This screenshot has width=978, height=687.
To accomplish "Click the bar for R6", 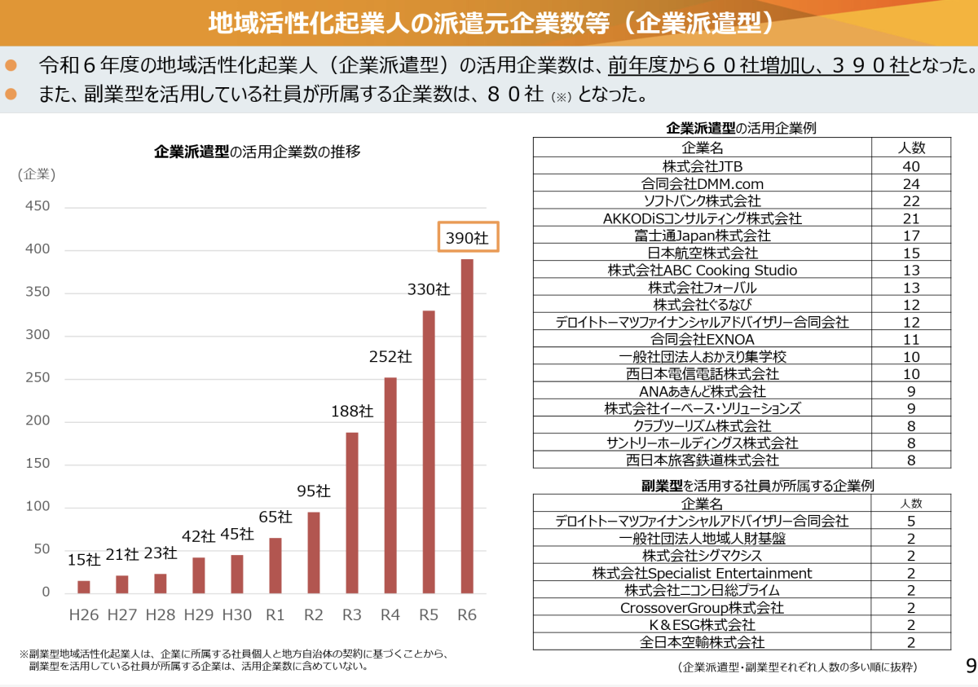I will pos(467,426).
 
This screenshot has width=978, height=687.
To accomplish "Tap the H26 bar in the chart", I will pos(83,587).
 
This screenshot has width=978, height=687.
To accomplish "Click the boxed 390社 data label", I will pos(467,237).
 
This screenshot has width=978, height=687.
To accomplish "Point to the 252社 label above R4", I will pos(390,357).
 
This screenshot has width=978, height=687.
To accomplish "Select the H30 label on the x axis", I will pos(236,614).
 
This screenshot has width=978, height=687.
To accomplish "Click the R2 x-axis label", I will pos(314,614).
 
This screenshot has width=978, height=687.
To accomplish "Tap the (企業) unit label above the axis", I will pos(37,174).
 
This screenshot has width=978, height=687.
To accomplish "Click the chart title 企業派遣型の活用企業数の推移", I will pos(258,152).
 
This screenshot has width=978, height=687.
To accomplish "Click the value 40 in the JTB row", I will pos(911,166).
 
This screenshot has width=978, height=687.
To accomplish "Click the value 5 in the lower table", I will pos(911,521).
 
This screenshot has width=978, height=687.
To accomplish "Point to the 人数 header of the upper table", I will pos(911,148).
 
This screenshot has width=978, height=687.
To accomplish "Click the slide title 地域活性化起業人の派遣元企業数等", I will pos(489,22).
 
